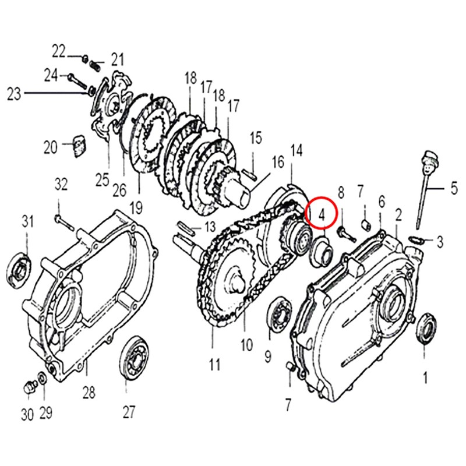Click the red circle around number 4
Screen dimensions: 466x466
(321, 212)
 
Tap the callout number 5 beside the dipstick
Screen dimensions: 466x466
(453, 188)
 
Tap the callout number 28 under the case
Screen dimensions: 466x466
(88, 392)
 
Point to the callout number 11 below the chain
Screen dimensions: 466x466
(214, 365)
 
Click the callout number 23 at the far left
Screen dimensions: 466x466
(13, 93)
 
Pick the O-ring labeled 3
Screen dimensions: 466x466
(417, 239)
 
